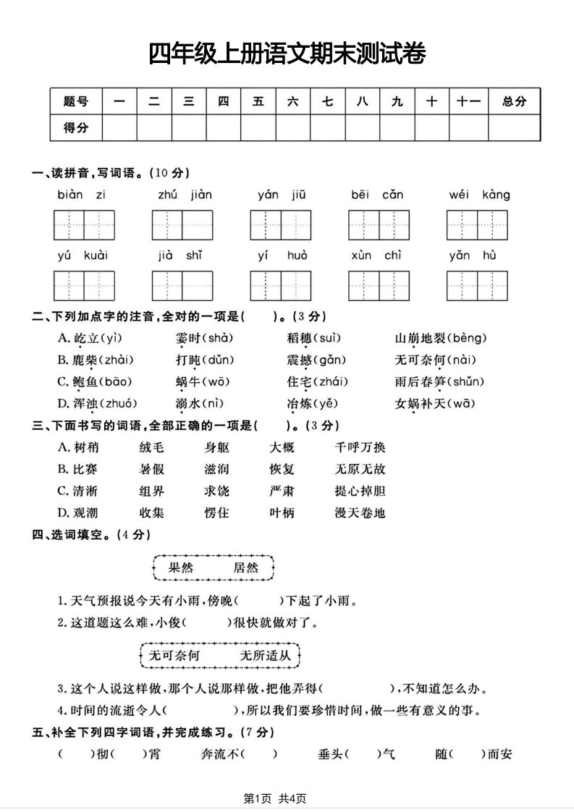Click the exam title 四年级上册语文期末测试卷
[x=287, y=54]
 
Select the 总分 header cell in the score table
[x=514, y=102]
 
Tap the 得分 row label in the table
[x=76, y=128]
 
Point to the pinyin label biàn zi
[x=81, y=195]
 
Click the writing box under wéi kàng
[x=477, y=225]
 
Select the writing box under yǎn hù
[x=477, y=286]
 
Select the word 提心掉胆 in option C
[x=360, y=491]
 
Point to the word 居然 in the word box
[x=246, y=567]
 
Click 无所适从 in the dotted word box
[x=265, y=656]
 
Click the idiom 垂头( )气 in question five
[x=357, y=754]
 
